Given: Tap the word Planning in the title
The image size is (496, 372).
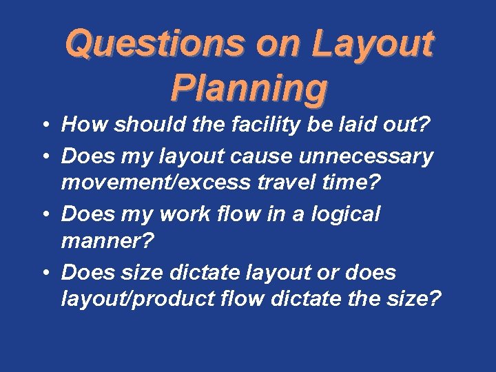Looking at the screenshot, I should click(x=249, y=88).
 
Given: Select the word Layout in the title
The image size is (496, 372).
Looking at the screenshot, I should click(x=372, y=45).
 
